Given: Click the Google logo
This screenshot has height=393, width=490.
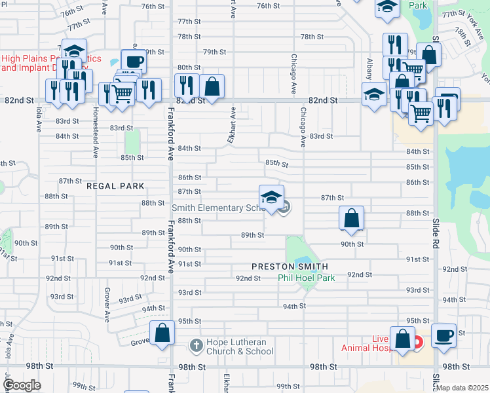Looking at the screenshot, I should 21,385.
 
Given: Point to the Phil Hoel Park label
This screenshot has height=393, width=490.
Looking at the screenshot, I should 306,278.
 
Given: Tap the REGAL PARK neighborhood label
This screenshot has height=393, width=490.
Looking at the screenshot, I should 115,186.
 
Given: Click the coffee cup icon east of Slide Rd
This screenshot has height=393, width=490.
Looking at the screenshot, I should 443,335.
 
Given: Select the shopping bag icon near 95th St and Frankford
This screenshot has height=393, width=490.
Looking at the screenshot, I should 161,333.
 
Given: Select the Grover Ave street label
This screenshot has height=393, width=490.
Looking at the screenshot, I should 105,304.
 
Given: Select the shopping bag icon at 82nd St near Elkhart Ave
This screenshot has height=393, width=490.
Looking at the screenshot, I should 212,86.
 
